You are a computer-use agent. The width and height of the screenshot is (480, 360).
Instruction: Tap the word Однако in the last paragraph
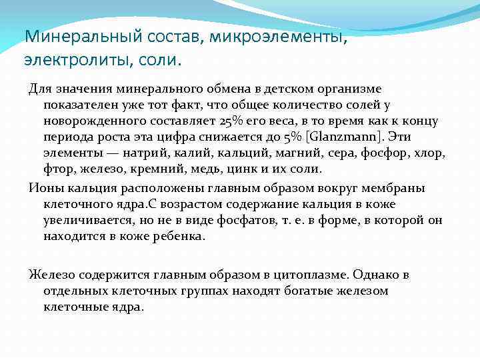pyautogui.click(x=371, y=275)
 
